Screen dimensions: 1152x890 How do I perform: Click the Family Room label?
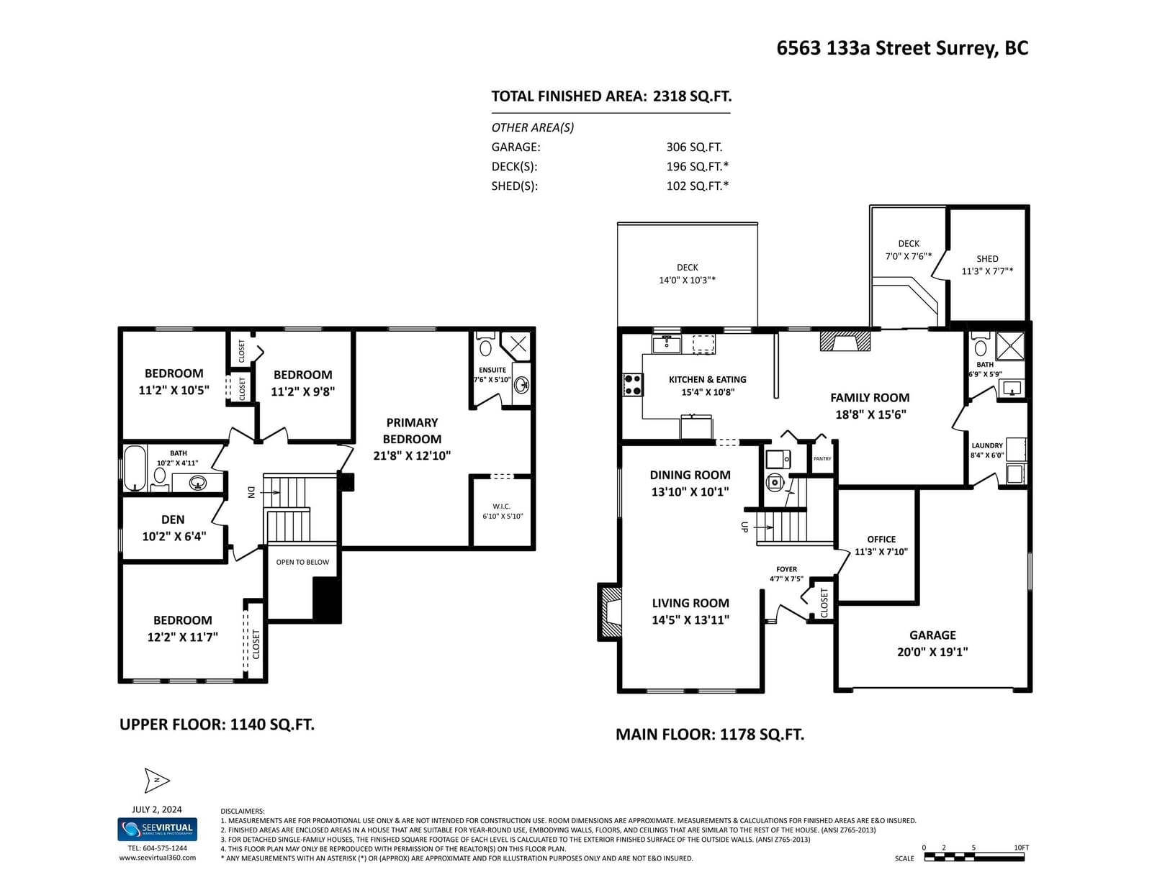click(870, 406)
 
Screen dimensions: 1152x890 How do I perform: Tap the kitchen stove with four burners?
click(632, 385)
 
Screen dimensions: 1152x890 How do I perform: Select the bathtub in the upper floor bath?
click(135, 468)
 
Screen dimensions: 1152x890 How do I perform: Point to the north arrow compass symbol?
click(157, 780)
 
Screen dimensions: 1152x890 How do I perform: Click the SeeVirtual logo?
click(157, 829)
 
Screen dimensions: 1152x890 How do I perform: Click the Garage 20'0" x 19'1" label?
click(932, 643)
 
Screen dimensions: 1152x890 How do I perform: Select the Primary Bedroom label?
click(412, 439)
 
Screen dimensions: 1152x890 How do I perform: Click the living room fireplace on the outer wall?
click(610, 612)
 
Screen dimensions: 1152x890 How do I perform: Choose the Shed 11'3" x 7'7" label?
click(987, 265)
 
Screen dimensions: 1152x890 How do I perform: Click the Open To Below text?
click(302, 562)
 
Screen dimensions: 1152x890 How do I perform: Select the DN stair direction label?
click(252, 492)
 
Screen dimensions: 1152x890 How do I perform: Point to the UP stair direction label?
click(744, 527)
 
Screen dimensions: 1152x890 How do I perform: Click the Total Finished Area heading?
click(611, 96)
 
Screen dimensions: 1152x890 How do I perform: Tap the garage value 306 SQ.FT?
click(694, 147)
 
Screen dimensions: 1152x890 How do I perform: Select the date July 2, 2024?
click(157, 809)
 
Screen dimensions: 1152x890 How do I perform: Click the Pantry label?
click(822, 459)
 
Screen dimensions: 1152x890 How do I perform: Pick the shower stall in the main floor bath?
click(1010, 347)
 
